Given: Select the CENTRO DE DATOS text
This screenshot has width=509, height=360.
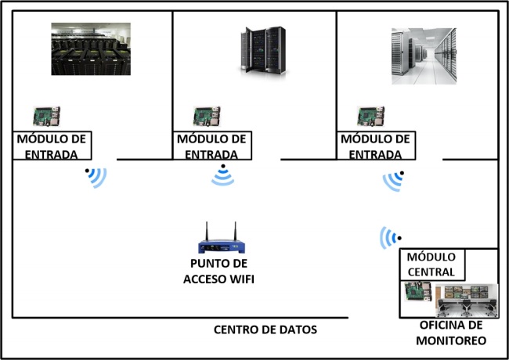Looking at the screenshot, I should (x=265, y=329).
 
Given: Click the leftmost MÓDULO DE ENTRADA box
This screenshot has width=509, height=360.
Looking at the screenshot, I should (x=52, y=146).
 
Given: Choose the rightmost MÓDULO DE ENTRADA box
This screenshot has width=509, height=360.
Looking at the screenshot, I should (x=375, y=146).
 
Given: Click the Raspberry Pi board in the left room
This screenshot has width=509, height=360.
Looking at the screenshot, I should (x=46, y=117).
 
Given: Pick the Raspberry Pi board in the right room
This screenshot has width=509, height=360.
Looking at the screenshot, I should (x=371, y=117).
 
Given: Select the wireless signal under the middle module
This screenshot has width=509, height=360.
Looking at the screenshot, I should (x=223, y=177).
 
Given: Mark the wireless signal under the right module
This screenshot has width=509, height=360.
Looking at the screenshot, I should (x=394, y=180).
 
